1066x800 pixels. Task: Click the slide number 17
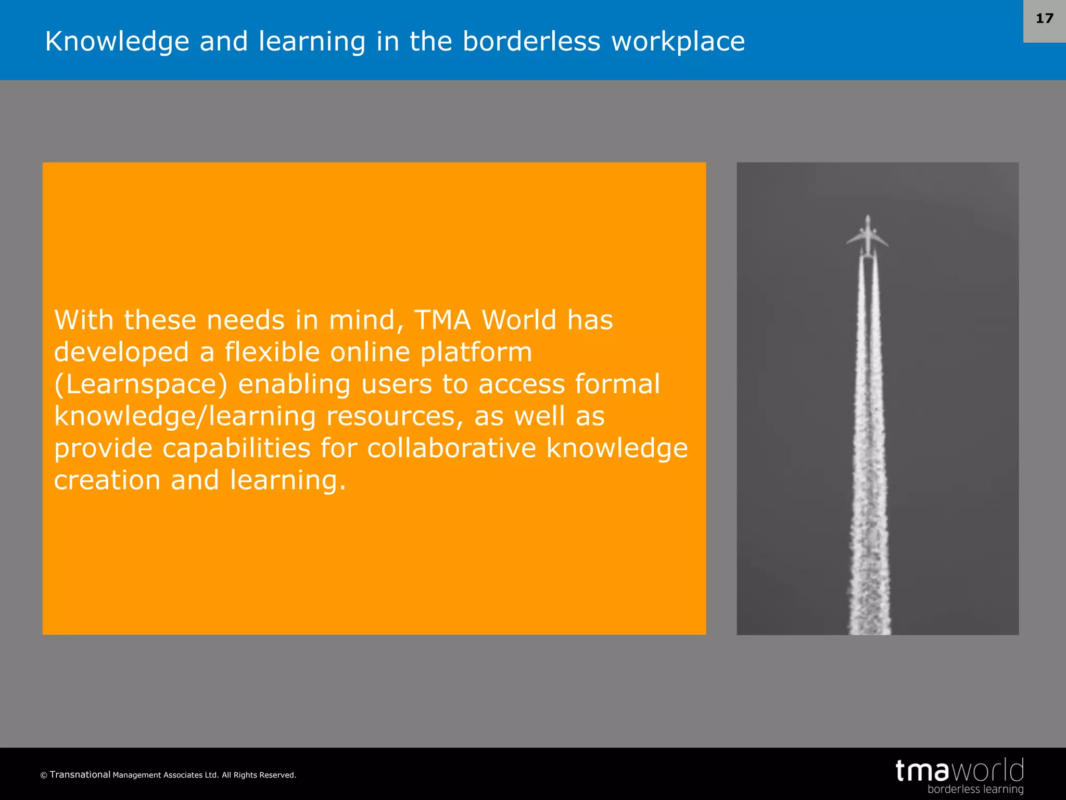[1044, 19]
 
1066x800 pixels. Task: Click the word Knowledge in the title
[117, 42]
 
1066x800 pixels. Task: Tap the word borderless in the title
[531, 42]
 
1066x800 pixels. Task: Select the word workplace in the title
[678, 42]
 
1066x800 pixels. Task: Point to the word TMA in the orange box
[442, 320]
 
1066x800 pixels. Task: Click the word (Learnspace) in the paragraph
[141, 384]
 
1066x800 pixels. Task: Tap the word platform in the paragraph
[476, 353]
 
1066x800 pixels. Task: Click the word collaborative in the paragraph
[451, 448]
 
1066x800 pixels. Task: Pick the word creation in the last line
[107, 480]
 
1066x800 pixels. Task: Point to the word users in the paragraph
[396, 384]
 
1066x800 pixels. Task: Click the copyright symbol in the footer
[44, 776]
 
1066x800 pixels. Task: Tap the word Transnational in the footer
[80, 774]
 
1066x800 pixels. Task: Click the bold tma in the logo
[922, 771]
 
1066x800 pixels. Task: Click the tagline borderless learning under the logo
[975, 789]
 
